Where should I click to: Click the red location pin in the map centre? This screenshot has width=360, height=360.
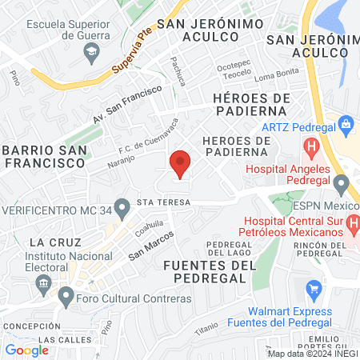[x=180, y=163]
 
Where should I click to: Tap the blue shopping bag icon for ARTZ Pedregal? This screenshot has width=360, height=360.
[x=346, y=124]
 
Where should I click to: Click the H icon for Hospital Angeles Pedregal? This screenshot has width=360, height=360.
[x=311, y=147]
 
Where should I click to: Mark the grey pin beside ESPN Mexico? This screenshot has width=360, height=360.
[x=342, y=186]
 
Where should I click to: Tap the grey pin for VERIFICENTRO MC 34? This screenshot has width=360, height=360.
[x=122, y=210]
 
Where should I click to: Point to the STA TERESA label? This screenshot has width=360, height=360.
[x=164, y=202]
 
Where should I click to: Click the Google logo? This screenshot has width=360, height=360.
[x=27, y=350]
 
